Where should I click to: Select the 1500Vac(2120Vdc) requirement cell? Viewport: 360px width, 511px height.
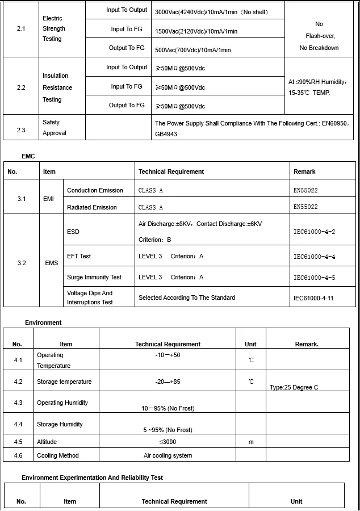point(196,31)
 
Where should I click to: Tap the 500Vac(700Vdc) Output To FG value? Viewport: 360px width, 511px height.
point(193,50)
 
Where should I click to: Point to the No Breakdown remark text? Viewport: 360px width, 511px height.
point(319,48)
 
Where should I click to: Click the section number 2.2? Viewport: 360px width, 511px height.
point(21,87)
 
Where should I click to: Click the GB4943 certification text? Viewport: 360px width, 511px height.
point(166,133)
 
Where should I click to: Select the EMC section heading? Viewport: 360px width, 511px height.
point(28,156)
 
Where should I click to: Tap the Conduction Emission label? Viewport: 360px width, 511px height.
point(95,190)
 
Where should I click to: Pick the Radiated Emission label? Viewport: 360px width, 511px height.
point(92,207)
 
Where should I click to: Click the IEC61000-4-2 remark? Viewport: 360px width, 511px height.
point(314,232)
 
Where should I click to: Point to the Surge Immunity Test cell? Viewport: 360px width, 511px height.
point(94,277)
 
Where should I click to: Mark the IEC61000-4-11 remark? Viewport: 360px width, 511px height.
point(313,298)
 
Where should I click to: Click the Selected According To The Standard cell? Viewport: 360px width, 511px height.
point(187,298)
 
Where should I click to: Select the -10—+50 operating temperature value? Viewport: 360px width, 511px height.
point(168,355)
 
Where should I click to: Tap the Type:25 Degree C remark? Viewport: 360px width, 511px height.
point(294,387)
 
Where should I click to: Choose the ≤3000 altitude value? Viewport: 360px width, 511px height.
point(168,442)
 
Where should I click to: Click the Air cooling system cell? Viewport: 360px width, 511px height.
point(168,455)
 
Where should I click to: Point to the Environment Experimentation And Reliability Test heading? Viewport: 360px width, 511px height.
point(92,478)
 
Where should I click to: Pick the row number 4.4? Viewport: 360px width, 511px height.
point(18,424)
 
